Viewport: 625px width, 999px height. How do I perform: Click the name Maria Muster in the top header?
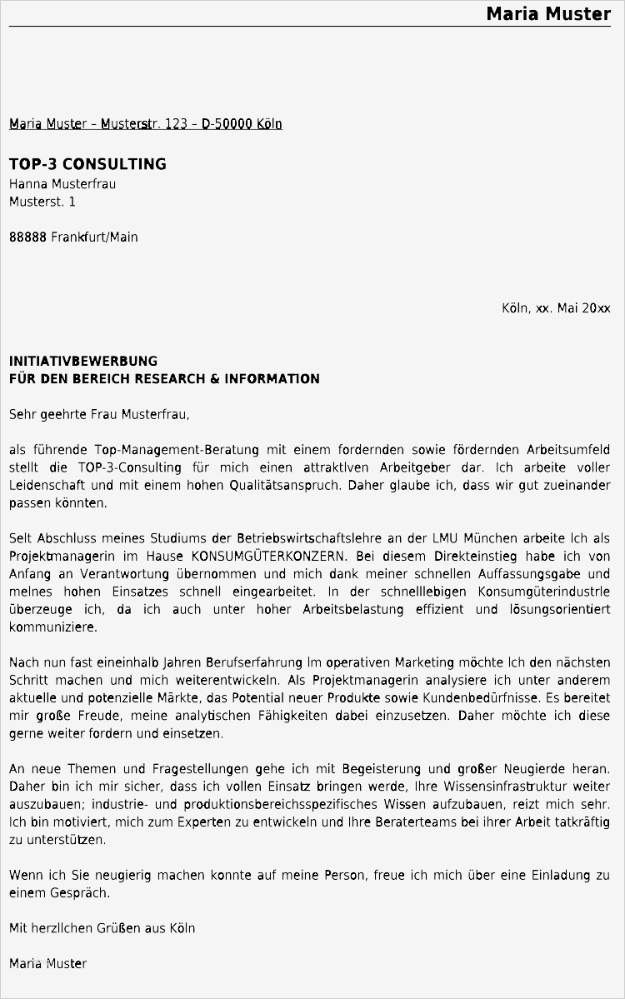tap(548, 13)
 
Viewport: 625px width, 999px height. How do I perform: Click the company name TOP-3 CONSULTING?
tap(87, 164)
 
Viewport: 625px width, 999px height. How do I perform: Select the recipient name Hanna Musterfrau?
tap(62, 184)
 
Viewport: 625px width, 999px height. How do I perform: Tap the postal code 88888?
tap(28, 237)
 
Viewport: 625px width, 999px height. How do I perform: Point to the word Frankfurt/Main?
tap(95, 237)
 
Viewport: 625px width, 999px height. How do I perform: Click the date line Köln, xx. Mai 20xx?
tap(556, 308)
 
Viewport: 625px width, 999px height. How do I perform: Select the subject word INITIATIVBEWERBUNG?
tap(83, 362)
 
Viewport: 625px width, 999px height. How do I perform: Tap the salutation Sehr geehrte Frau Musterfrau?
tap(100, 414)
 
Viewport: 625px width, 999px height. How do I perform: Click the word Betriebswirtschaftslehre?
tap(304, 538)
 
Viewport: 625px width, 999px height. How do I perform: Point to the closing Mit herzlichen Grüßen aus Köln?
tap(102, 928)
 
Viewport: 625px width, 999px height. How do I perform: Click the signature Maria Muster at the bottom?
tap(47, 963)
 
